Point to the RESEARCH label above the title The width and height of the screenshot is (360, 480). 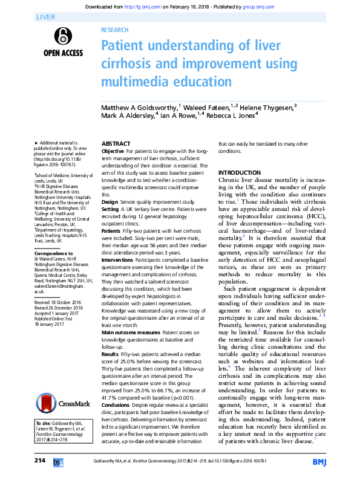(x=114, y=30)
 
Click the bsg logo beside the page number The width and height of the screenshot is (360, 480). (x=58, y=462)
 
